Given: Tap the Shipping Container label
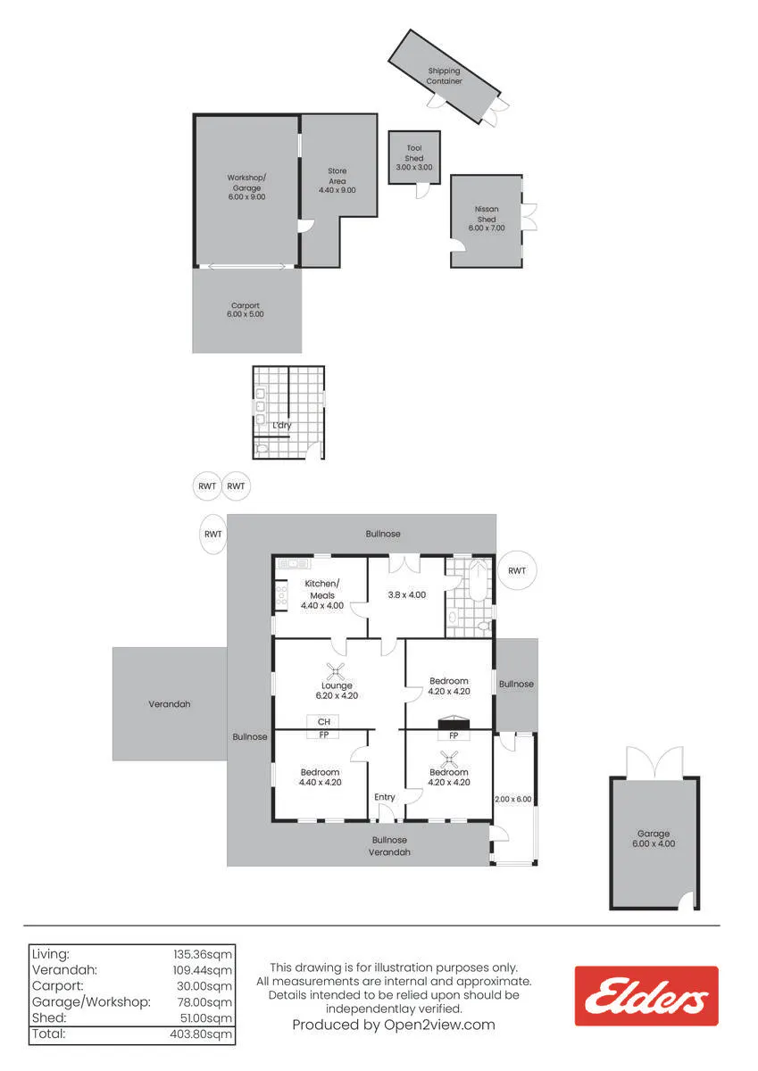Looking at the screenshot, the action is coord(444,76).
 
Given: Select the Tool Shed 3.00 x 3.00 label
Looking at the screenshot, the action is coord(414,158).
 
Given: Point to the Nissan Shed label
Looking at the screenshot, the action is coord(487,214).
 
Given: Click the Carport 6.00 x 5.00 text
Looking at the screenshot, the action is coord(246,310).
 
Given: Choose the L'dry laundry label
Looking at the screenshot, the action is coord(281,425).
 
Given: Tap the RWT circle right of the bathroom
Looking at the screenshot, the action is coord(517,571).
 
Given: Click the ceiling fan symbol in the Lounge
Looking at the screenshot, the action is coord(336,671).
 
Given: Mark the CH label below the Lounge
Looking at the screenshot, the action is coord(324,722).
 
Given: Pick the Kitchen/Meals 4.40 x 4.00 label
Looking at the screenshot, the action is coord(322,594).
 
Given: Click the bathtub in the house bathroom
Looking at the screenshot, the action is coord(478,581).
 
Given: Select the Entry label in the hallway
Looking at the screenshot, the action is coord(385,797).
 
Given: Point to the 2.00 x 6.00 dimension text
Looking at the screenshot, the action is coord(512,799).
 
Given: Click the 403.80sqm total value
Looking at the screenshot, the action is coord(201,1034).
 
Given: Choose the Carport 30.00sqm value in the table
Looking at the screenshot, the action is coord(204,986).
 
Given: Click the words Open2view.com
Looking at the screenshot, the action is coord(439,1025).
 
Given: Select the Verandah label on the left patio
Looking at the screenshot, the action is coord(170,704).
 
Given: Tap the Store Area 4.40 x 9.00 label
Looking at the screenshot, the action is coord(337,180).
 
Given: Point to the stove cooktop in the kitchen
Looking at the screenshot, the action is coord(281,594).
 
